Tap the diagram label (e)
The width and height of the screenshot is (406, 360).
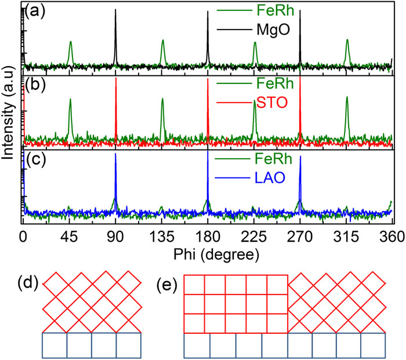(x=169, y=284)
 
